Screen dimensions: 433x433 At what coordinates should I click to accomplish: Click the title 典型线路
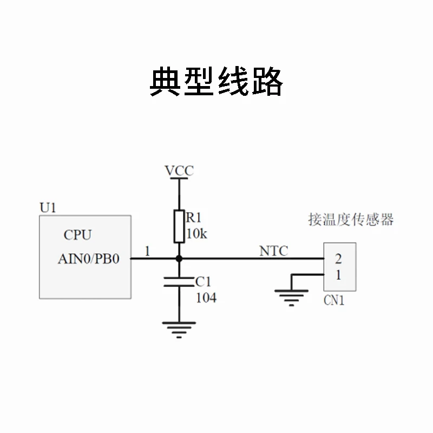(x=216, y=82)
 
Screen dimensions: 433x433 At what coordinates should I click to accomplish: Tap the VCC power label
(x=179, y=171)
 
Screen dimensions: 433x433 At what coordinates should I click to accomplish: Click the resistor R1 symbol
(x=179, y=226)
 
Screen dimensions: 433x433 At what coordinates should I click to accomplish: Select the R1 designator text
(x=194, y=218)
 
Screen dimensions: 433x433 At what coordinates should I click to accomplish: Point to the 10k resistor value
(x=196, y=234)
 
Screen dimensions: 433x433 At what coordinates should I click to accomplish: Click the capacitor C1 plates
(x=179, y=281)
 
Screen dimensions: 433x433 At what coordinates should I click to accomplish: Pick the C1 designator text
(x=203, y=281)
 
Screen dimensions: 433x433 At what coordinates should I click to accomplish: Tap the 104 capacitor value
(x=206, y=297)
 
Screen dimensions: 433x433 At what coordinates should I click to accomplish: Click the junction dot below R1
(x=179, y=259)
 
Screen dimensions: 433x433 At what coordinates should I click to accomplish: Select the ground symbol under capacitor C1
(x=179, y=328)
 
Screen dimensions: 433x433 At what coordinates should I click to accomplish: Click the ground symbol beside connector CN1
(x=292, y=297)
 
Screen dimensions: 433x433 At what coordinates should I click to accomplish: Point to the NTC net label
(x=273, y=251)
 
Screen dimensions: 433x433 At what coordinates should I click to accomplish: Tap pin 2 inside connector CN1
(x=338, y=258)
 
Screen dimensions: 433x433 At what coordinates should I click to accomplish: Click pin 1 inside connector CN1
(x=338, y=275)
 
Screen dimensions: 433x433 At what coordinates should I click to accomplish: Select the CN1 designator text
(x=333, y=301)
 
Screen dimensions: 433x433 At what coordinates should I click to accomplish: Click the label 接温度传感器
(x=350, y=220)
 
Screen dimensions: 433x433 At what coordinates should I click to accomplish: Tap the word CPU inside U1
(x=77, y=235)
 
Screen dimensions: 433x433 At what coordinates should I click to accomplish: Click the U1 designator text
(x=48, y=207)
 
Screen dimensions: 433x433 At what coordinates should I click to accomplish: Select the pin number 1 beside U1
(x=148, y=251)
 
